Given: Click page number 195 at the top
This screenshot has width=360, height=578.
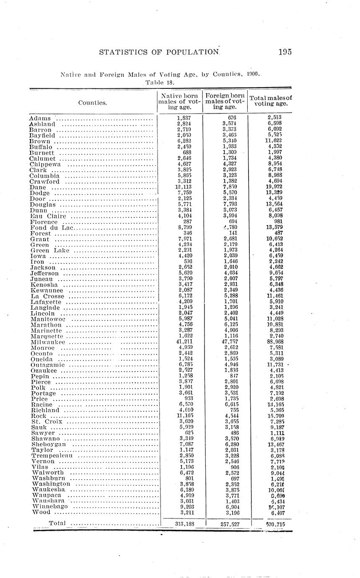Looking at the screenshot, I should [284, 52].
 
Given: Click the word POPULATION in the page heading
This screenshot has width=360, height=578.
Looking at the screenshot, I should [191, 52].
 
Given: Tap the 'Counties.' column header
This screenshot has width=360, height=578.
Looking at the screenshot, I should [92, 102].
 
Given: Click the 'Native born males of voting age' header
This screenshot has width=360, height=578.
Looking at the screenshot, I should [179, 102].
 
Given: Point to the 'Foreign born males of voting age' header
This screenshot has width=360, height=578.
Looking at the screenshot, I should [225, 102].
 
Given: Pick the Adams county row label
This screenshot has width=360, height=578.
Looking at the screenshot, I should [40, 119].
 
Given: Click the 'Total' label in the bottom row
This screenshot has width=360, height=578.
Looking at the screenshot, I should [58, 523].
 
